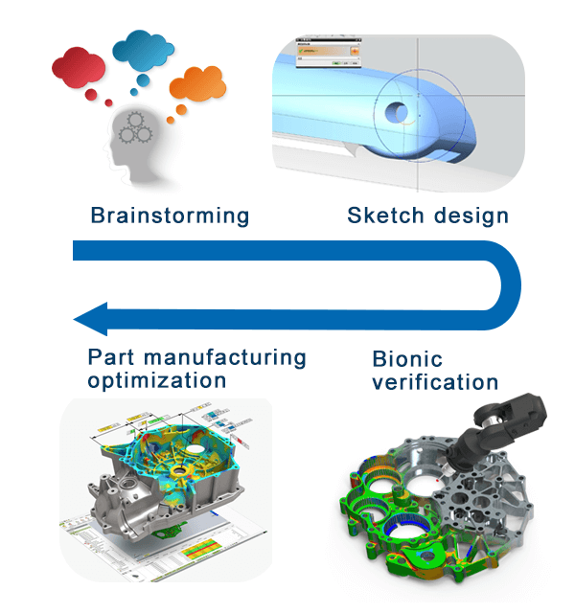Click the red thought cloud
point(77,69)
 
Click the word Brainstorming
point(170,215)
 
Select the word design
point(470,215)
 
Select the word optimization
point(157,380)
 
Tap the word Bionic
point(407,360)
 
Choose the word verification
point(435,383)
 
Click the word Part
point(110,358)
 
